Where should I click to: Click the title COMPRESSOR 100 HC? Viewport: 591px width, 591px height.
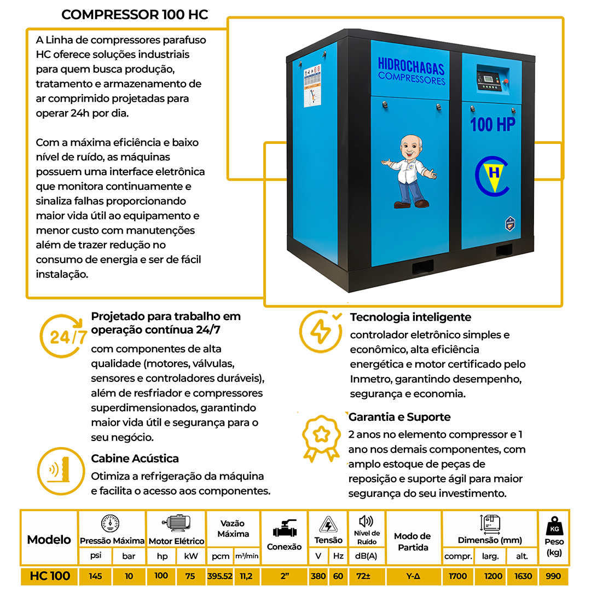coord(135,15)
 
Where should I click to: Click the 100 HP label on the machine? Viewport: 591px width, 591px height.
coord(493,125)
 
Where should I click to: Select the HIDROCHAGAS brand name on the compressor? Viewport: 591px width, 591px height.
coord(411,67)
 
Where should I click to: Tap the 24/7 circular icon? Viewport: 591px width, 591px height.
coord(64,335)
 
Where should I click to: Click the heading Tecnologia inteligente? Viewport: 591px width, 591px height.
coord(410,317)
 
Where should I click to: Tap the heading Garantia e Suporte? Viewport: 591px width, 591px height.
coord(399,417)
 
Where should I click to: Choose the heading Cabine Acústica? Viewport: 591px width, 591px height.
coord(135,459)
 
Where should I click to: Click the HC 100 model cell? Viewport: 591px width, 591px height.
coord(50,576)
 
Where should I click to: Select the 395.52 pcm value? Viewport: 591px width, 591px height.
coord(220,576)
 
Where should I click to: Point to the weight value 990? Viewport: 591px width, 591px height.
coord(553,576)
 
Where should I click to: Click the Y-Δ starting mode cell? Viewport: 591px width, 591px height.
coord(413,576)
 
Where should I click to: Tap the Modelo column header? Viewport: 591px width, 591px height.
coord(49,540)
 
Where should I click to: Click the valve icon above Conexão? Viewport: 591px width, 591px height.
coord(284,529)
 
